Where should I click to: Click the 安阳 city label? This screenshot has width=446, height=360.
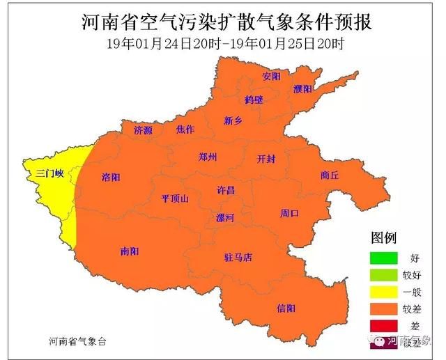(271, 75)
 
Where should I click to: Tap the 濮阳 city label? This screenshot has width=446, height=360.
(302, 89)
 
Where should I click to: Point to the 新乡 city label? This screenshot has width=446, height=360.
(233, 120)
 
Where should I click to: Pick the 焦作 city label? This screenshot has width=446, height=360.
(185, 130)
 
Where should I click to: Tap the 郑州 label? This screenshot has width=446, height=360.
(208, 157)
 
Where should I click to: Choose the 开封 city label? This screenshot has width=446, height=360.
(266, 158)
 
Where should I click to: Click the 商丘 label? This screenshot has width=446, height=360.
(330, 175)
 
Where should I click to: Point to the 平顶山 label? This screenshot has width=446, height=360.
(175, 198)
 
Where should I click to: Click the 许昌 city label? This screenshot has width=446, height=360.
(226, 190)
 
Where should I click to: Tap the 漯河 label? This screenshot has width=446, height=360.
(224, 217)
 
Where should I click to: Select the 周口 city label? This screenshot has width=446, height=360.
(289, 213)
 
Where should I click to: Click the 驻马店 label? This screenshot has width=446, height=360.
(238, 258)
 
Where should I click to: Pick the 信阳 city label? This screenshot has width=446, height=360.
(286, 308)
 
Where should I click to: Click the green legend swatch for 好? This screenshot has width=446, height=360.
(384, 258)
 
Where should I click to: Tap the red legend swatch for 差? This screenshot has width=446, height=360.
(384, 326)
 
